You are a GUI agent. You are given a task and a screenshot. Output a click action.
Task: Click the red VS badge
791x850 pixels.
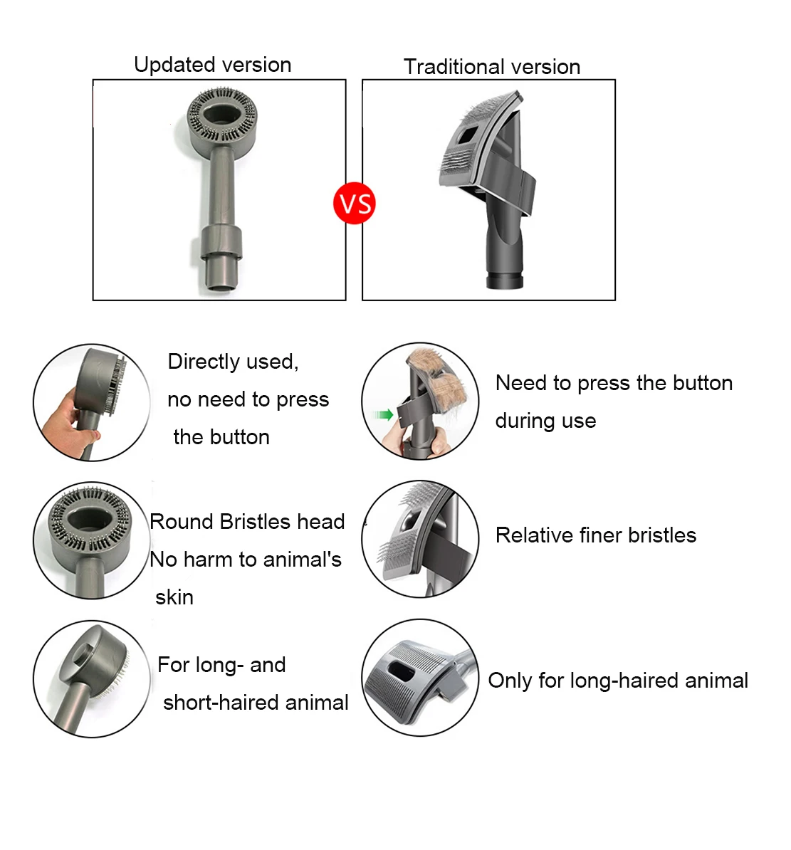354,204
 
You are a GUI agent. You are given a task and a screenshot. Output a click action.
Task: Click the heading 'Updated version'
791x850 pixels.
212,65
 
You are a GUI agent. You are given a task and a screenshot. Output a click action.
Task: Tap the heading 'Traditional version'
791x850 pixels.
491,67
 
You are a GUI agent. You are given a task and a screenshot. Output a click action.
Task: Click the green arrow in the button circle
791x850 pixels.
384,414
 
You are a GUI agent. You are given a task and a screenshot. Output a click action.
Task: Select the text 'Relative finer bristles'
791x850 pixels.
595,535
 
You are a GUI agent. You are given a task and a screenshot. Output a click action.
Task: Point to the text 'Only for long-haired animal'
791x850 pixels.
617,681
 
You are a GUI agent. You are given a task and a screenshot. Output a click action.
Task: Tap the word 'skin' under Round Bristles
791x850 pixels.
174,597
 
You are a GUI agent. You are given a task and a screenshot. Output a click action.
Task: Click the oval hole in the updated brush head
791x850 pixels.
221,115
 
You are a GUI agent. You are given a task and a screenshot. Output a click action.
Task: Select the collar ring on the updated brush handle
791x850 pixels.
220,243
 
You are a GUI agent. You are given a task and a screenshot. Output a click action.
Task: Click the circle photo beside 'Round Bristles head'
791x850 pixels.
91,540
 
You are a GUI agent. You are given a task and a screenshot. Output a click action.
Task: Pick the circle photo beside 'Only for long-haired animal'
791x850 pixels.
419,678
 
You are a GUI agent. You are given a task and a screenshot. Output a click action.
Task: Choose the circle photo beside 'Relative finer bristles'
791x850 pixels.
419,539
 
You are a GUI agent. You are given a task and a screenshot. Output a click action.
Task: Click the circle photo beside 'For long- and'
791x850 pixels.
91,678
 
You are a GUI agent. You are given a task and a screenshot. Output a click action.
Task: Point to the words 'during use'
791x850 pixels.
545,421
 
